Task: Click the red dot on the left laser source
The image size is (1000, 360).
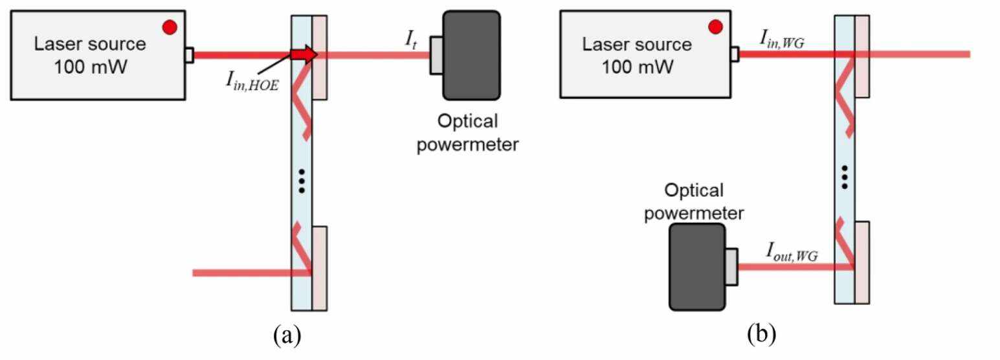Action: [x=170, y=27]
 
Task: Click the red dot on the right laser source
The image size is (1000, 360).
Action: [x=715, y=27]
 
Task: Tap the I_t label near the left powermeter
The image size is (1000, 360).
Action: [x=410, y=41]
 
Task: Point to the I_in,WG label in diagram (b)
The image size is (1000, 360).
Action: [x=782, y=41]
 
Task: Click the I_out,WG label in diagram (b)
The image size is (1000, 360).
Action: [x=792, y=254]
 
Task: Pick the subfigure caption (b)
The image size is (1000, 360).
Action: [x=762, y=335]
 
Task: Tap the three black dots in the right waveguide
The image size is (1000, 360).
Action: [x=844, y=176]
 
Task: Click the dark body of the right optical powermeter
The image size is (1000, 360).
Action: [x=697, y=266]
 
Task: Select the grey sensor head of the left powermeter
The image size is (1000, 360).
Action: [x=437, y=55]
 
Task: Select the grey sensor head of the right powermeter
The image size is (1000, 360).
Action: [x=731, y=266]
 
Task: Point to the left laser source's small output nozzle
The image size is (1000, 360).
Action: [x=188, y=55]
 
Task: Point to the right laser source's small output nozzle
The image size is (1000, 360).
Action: [x=735, y=55]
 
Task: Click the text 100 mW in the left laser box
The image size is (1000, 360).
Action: [x=90, y=66]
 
